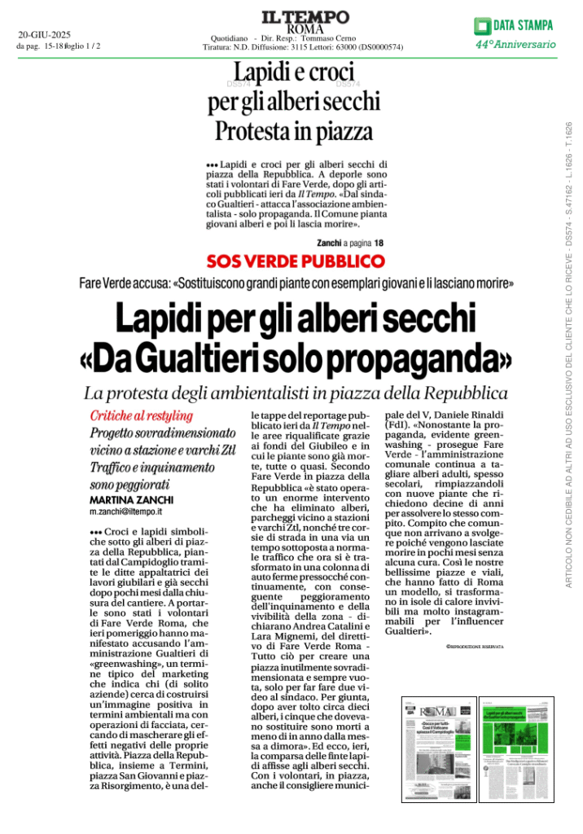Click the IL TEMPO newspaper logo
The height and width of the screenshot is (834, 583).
294,16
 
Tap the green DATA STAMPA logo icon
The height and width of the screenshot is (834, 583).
484,25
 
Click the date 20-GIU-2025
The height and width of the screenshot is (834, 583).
45,35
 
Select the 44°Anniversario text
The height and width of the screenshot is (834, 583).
515,45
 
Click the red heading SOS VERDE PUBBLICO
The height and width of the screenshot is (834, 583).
295,261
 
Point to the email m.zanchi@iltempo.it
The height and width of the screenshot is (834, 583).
125,512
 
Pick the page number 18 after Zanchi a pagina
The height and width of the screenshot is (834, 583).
379,243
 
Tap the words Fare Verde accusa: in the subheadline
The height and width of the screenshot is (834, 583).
124,283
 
